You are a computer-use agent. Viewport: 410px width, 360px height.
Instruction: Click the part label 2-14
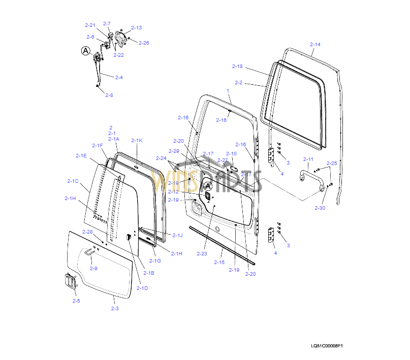[x=315, y=45]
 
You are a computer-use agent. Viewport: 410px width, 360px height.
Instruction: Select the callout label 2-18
[x=237, y=67]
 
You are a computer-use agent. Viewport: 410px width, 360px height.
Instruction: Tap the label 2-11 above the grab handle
[x=308, y=159]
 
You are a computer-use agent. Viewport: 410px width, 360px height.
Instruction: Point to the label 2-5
[x=76, y=301]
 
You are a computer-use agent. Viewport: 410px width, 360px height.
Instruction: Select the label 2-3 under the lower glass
[x=115, y=308]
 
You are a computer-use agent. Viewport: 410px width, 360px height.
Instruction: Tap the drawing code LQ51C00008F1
[x=327, y=346]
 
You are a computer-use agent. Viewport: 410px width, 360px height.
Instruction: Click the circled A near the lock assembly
[x=85, y=50]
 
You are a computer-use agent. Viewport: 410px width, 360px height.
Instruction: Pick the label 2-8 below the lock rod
[x=109, y=95]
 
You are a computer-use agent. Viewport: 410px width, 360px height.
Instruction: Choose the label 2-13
[x=137, y=27]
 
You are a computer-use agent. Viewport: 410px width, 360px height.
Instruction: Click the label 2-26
[x=144, y=43]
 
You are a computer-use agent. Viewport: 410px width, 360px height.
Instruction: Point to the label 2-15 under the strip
[x=219, y=262]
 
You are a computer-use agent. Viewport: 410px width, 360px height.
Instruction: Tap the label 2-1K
[x=137, y=141]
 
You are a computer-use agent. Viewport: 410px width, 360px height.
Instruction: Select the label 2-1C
[x=73, y=181]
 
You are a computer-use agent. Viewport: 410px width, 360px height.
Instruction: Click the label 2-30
[x=320, y=208]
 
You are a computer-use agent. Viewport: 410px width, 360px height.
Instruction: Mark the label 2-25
[x=331, y=163]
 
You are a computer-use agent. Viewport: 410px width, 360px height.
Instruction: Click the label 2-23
[x=202, y=253]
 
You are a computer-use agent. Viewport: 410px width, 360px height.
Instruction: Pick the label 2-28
[x=87, y=232]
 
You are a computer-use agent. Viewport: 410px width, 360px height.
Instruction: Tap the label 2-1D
[x=143, y=288]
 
